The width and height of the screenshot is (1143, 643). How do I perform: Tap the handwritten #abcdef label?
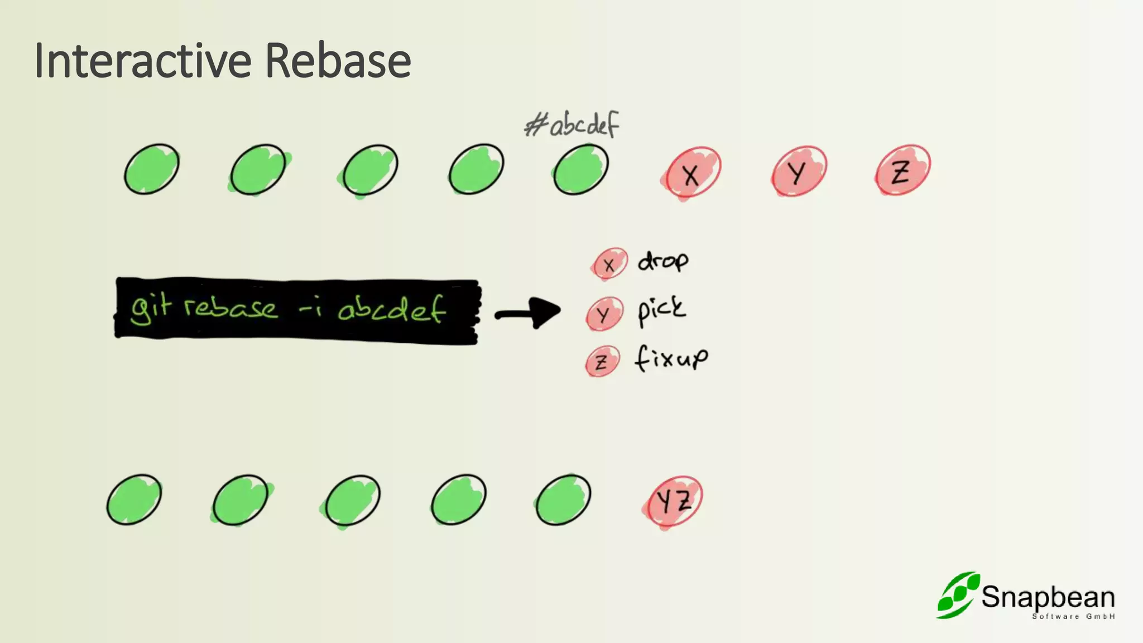click(572, 124)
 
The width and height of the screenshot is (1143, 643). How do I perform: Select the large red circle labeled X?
click(691, 172)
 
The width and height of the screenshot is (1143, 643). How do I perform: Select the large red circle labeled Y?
click(799, 171)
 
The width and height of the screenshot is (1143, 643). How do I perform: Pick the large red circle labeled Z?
click(902, 170)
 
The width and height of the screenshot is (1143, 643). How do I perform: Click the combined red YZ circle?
click(673, 501)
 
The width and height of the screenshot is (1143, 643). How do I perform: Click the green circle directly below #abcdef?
click(581, 169)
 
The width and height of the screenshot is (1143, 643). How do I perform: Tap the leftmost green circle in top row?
click(151, 169)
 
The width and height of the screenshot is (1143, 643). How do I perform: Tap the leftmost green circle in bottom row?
click(134, 500)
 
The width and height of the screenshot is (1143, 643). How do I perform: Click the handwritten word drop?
click(662, 261)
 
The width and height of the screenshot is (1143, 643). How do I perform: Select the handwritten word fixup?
click(671, 358)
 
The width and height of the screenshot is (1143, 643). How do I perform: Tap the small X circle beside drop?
click(609, 264)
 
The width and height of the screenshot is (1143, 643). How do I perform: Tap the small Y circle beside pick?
click(604, 314)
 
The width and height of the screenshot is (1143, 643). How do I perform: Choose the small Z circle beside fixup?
click(602, 362)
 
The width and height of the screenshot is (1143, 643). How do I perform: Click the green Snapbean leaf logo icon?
click(957, 595)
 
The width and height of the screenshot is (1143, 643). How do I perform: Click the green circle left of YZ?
click(563, 500)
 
